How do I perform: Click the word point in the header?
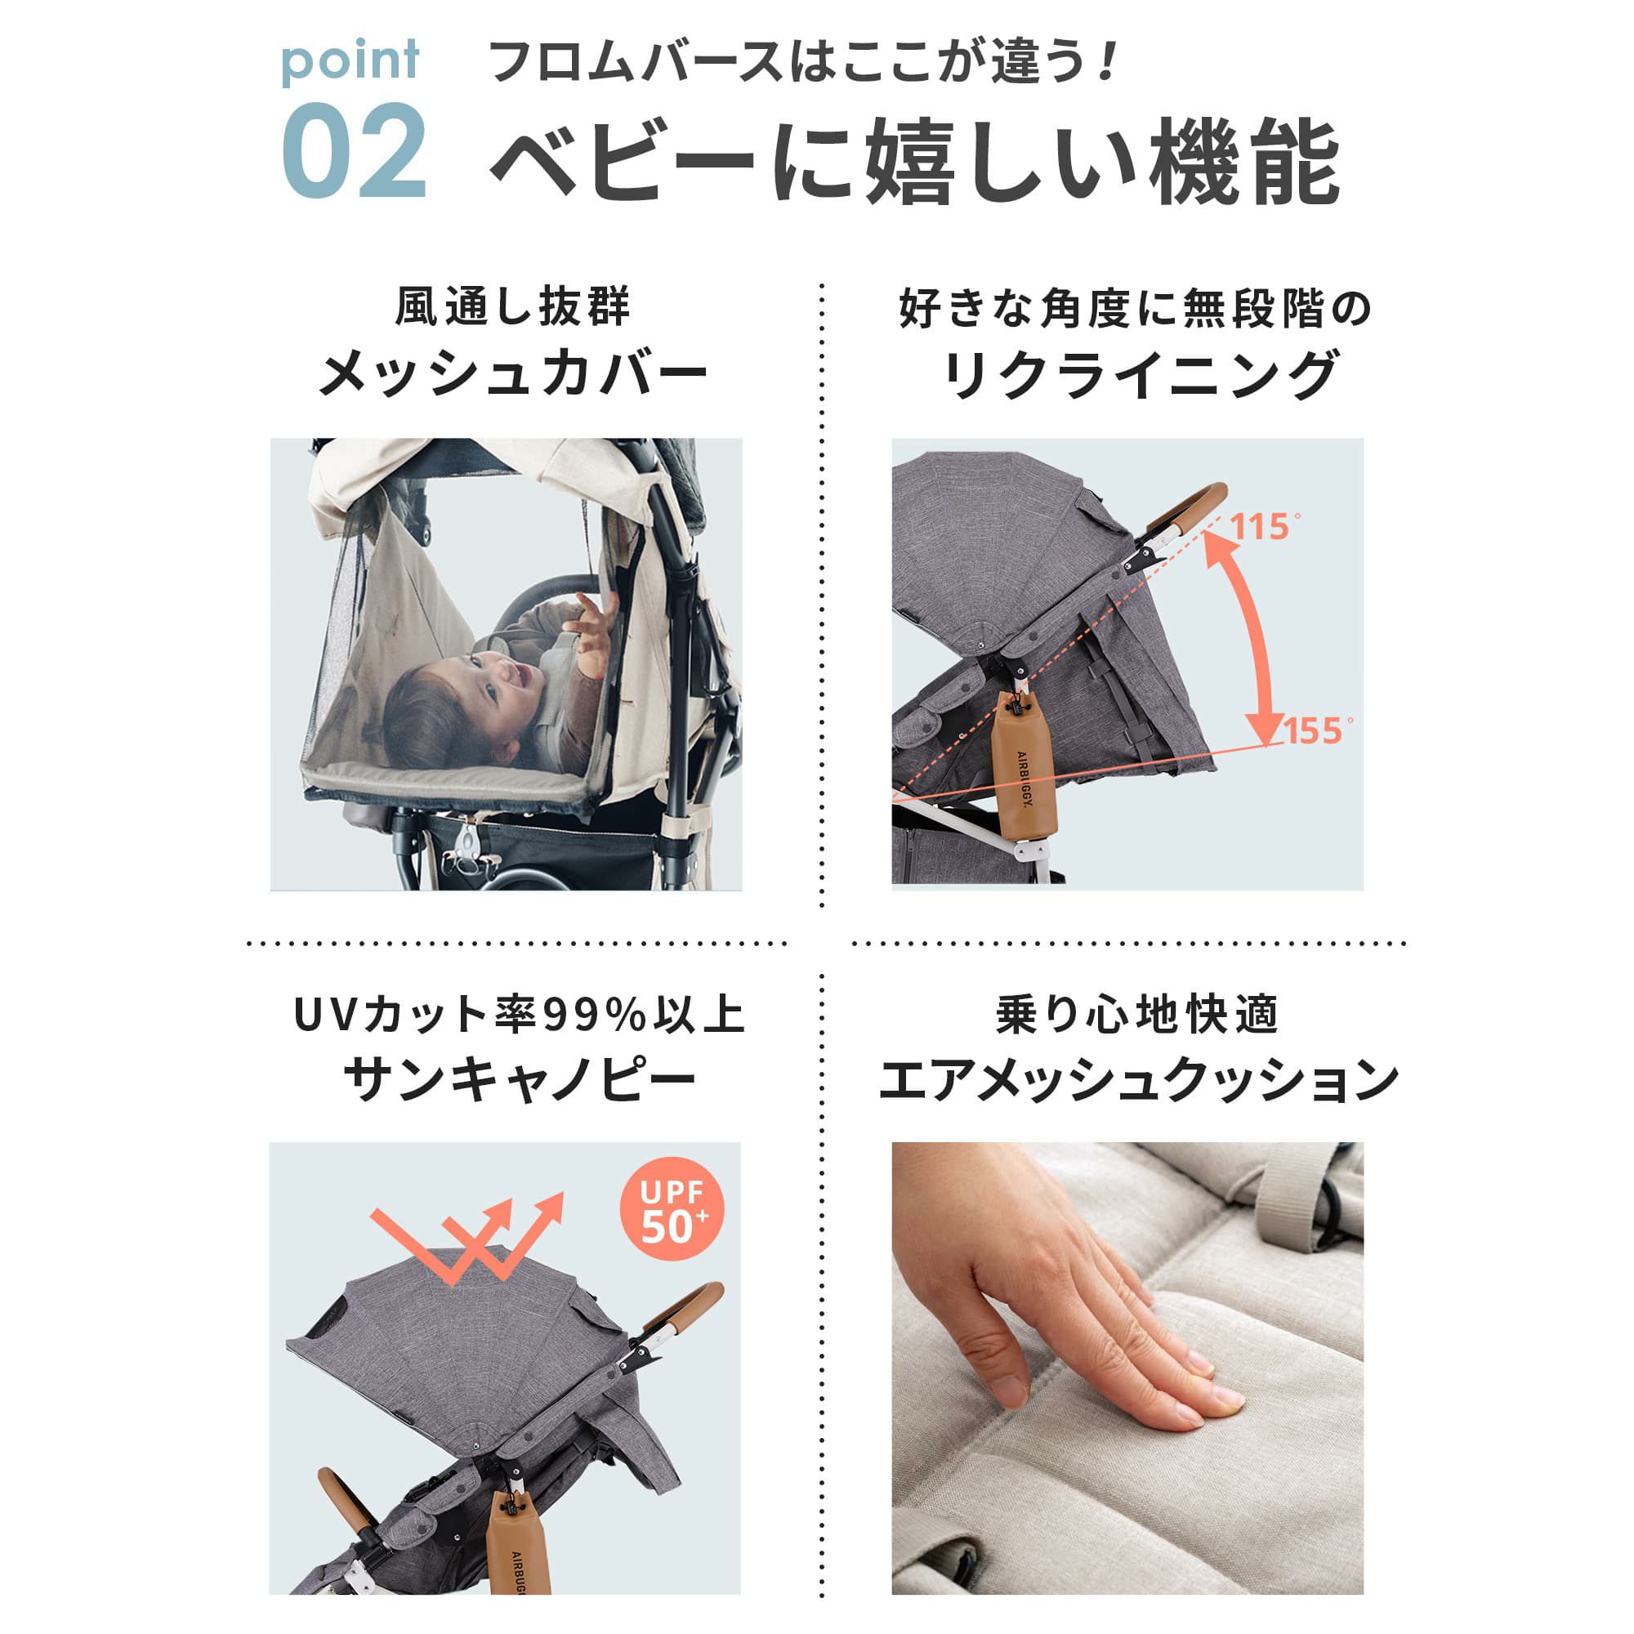tap(350, 61)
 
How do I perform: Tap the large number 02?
tap(354, 151)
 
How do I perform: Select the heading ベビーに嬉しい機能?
tap(914, 161)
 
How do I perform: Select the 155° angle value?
tap(1319, 730)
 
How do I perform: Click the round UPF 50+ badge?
tap(672, 1210)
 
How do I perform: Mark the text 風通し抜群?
tap(512, 306)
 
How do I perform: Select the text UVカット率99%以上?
tap(520, 1016)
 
